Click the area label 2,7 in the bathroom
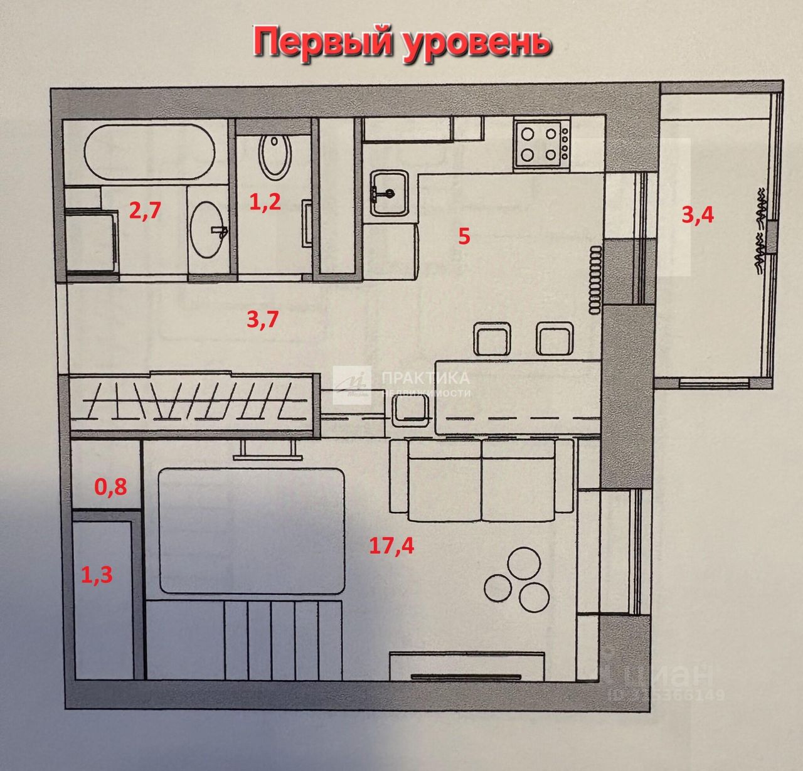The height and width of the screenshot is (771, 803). click(145, 210)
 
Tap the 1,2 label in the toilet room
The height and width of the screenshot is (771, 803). click(265, 203)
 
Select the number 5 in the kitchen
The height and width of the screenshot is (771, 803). click(464, 237)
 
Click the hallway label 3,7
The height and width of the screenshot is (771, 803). click(262, 321)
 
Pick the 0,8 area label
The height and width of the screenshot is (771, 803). click(110, 486)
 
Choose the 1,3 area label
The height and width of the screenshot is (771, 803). click(97, 573)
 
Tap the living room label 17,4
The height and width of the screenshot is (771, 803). click(391, 546)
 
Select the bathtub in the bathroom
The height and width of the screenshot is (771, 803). click(149, 152)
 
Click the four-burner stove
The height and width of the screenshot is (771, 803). click(541, 144)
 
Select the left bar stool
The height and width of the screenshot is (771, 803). click(492, 339)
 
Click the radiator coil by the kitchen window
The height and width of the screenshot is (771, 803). click(593, 280)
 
